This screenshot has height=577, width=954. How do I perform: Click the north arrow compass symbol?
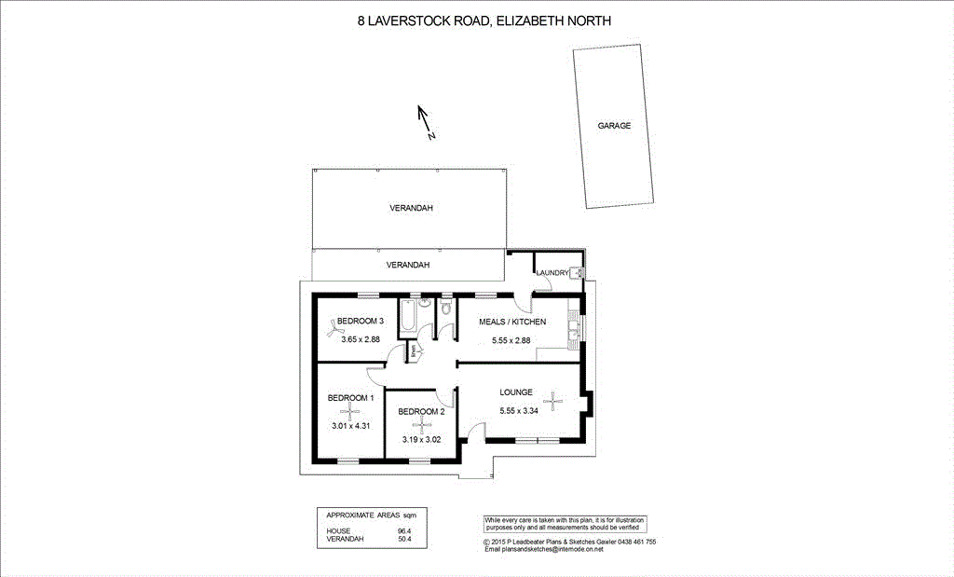tap(425, 120)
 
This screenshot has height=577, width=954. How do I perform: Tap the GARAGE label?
tap(615, 125)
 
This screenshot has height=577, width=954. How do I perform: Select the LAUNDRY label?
tap(552, 272)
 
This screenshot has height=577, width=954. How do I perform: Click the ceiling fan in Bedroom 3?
tap(332, 326)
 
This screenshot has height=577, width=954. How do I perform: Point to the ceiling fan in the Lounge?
tap(554, 402)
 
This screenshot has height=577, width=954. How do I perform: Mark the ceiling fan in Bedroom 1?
tap(350, 411)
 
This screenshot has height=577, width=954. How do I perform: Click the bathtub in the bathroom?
tap(409, 317)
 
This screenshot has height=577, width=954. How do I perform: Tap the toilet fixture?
tap(446, 309)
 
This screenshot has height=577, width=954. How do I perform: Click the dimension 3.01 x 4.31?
tap(351, 426)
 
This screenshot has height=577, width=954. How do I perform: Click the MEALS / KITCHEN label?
tap(511, 322)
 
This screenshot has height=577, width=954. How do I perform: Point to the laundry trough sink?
tap(578, 272)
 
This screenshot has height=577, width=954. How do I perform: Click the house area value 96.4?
tap(404, 531)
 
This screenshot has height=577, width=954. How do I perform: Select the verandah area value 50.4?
tap(404, 539)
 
